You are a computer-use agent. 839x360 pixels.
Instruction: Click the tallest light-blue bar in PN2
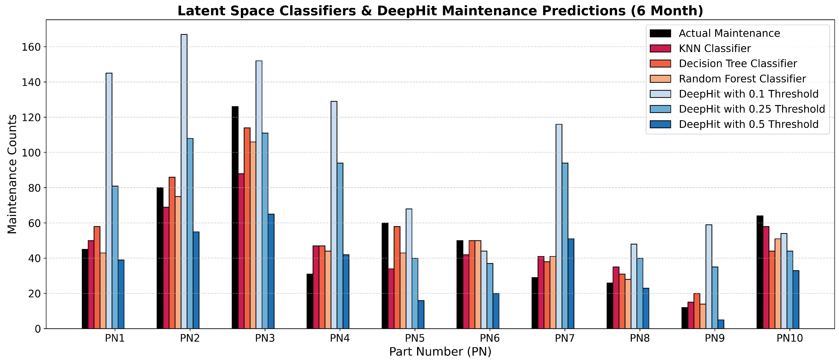tap(184, 181)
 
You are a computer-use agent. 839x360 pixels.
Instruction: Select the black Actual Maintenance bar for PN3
tap(235, 218)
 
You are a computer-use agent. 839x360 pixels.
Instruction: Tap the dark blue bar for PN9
tap(721, 324)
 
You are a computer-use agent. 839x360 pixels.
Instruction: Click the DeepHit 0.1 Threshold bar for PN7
tap(559, 226)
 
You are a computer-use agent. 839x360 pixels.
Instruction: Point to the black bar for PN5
tap(385, 276)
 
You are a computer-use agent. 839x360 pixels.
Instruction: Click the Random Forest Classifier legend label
tap(742, 79)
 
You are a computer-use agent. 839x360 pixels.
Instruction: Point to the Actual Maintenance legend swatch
tap(660, 33)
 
